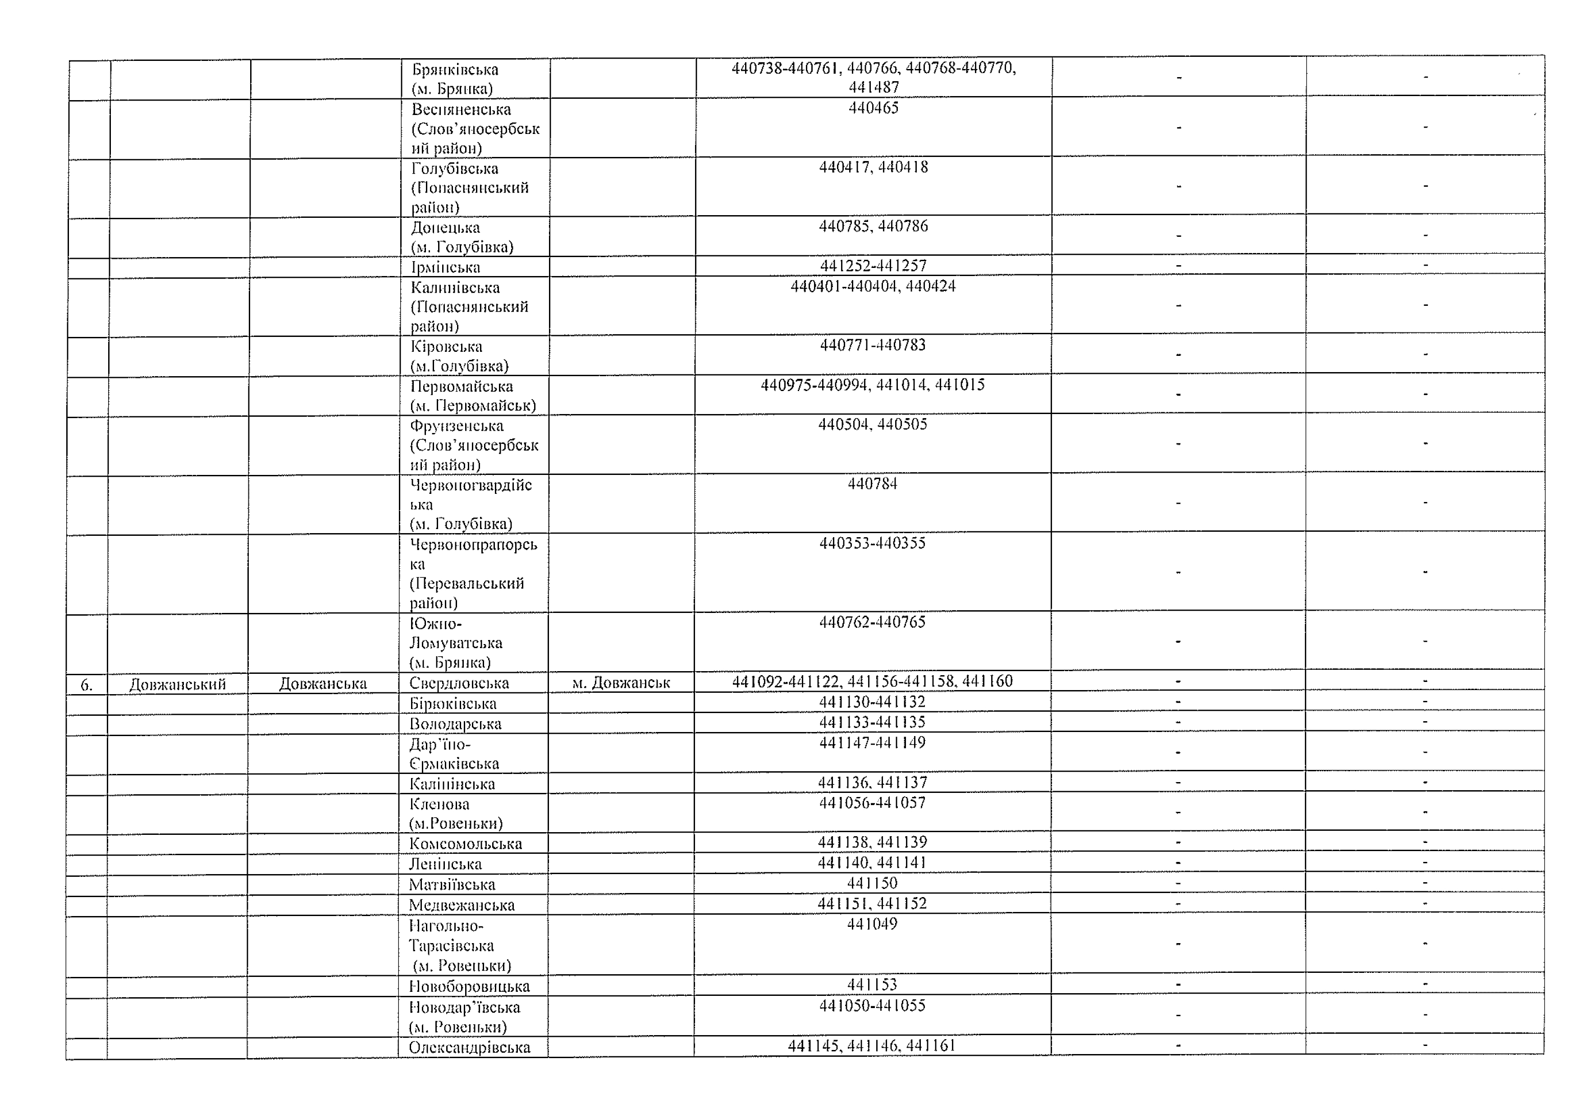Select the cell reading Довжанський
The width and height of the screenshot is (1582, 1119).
pos(178,685)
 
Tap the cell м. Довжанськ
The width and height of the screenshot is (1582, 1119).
pos(621,683)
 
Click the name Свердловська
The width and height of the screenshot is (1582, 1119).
pos(459,683)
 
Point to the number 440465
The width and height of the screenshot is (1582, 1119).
pos(873,108)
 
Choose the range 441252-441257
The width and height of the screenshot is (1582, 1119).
pos(873,266)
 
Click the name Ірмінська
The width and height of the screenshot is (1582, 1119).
pos(446,267)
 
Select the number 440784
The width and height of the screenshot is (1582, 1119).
pos(872,484)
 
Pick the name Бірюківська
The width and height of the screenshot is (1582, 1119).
pos(453,704)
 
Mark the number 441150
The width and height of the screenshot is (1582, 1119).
pos(872,883)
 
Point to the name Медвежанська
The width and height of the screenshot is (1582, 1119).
pos(462,905)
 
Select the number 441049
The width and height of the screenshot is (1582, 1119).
pos(872,924)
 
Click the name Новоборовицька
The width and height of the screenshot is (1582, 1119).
pos(469,986)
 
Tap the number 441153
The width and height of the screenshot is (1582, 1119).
pos(872,985)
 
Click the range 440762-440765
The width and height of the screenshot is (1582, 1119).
pos(872,622)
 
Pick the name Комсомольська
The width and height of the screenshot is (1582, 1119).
pos(465,844)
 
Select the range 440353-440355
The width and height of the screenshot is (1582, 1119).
pos(872,543)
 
